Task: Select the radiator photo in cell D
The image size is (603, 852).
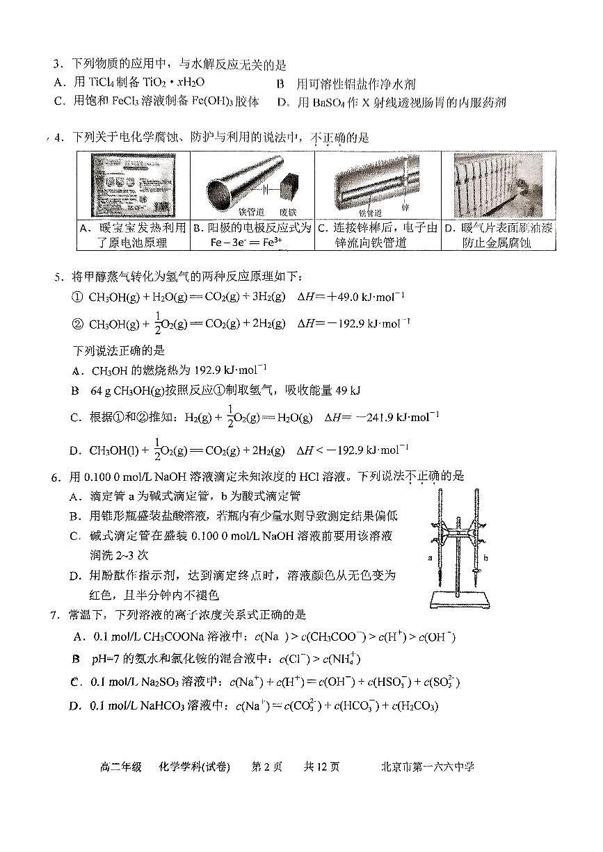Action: pos(497,185)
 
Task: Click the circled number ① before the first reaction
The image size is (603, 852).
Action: pos(77,297)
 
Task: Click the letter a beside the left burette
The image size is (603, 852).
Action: pos(430,558)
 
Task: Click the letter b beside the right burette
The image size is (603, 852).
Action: pos(485,558)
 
